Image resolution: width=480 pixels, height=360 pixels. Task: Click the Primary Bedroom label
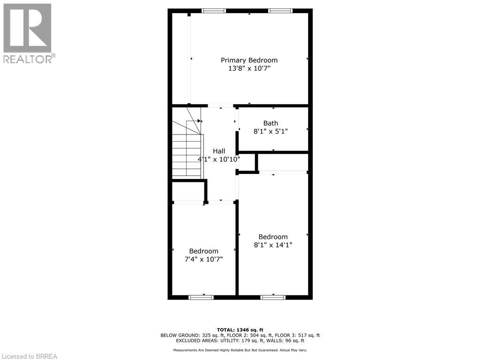click(x=249, y=60)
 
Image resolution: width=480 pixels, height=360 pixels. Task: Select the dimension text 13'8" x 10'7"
click(x=249, y=68)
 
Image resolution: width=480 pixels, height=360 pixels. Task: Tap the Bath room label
click(x=270, y=123)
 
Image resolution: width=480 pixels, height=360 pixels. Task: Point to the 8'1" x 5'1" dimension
click(x=270, y=132)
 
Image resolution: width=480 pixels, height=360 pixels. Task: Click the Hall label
click(x=219, y=151)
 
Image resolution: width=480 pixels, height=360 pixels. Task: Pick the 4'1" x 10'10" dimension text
click(x=219, y=159)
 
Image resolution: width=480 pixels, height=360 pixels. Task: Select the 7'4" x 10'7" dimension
click(x=203, y=259)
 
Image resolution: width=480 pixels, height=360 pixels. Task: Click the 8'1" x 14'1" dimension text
click(x=273, y=245)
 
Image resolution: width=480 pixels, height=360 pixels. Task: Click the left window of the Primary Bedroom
click(x=213, y=11)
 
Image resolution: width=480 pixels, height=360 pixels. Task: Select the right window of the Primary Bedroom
click(x=280, y=11)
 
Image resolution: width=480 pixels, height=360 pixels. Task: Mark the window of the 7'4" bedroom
click(x=201, y=297)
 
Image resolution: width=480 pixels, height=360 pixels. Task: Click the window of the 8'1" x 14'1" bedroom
click(x=273, y=297)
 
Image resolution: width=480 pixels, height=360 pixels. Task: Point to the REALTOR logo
click(x=28, y=33)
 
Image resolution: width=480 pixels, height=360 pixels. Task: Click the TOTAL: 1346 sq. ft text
click(x=240, y=330)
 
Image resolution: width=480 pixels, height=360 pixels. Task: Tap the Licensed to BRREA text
click(x=29, y=356)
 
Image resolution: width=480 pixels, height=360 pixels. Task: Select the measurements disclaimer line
click(x=240, y=350)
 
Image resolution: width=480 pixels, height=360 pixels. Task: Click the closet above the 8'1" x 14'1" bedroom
click(x=283, y=162)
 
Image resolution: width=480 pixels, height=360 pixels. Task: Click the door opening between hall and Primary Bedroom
click(x=220, y=106)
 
